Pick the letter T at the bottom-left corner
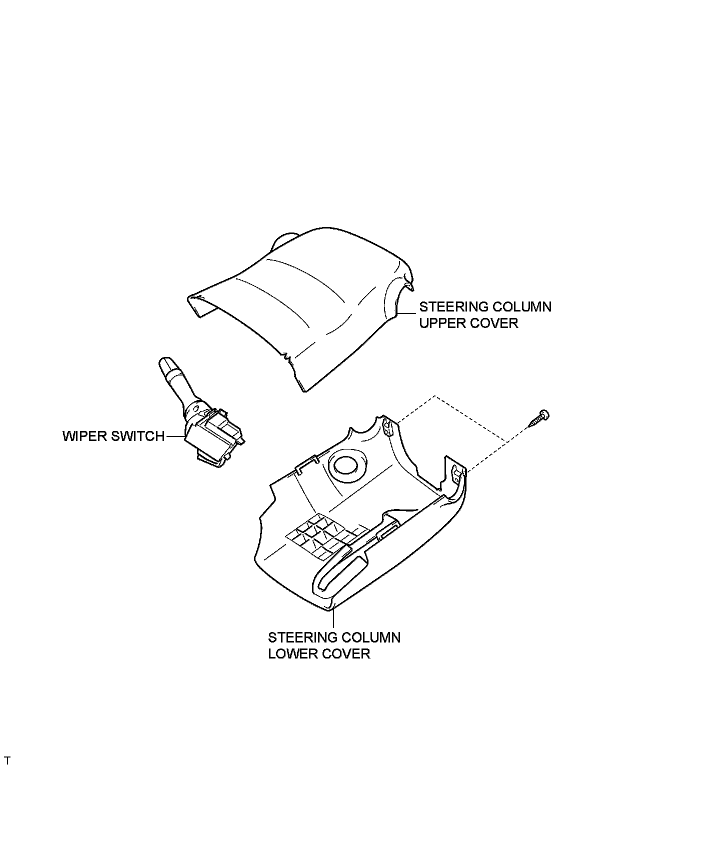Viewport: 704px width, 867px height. (7, 775)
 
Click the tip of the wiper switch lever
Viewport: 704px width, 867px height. (164, 363)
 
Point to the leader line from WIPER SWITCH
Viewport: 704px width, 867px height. (174, 436)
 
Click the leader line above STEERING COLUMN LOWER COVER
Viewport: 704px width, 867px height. (333, 619)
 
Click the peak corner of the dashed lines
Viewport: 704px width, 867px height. (434, 396)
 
